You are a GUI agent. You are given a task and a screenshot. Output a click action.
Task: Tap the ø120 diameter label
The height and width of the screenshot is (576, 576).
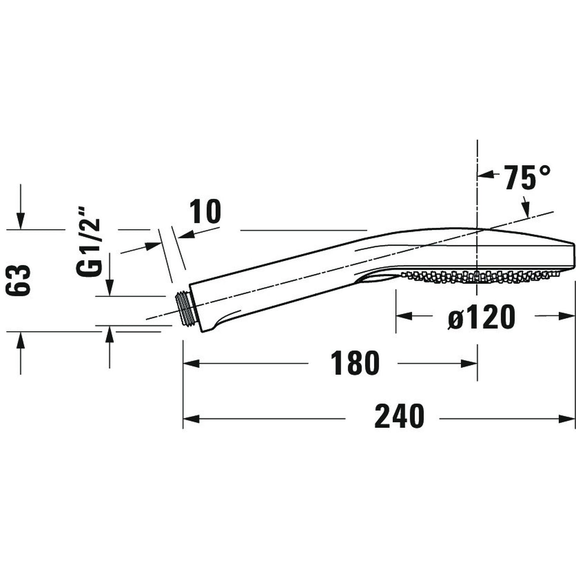coord(481,316)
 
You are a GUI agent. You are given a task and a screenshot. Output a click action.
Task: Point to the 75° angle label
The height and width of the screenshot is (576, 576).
coord(527,177)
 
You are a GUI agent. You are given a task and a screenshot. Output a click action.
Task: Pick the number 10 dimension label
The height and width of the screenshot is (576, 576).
coord(205,212)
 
